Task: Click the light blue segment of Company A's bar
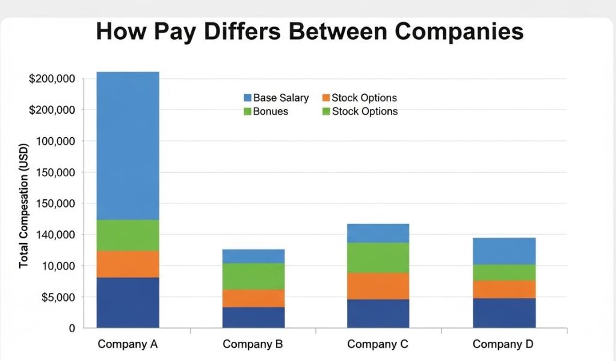(x=128, y=146)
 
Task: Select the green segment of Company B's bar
(x=253, y=276)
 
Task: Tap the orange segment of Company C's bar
(x=378, y=286)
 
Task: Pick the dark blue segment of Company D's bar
(x=504, y=313)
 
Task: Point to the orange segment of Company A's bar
(x=128, y=264)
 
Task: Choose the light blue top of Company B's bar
(x=253, y=256)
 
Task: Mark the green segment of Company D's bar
(x=504, y=273)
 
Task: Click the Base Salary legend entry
(x=276, y=98)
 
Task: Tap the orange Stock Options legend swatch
(x=327, y=98)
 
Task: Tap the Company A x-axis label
(x=128, y=345)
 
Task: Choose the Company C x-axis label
(x=378, y=345)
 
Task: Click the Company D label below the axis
(x=504, y=345)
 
